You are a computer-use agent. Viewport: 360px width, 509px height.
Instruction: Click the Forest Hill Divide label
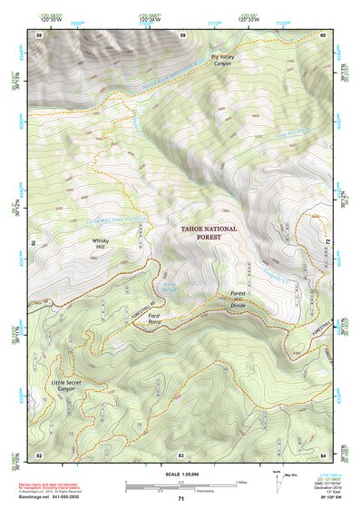coord(238,299)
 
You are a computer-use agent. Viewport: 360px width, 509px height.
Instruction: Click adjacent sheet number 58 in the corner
coord(39,34)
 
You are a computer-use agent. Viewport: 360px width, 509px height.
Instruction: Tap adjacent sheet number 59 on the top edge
coord(182,34)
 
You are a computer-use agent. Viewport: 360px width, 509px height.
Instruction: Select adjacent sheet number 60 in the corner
coord(322,34)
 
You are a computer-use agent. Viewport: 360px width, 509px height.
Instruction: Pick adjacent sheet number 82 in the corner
coord(39,454)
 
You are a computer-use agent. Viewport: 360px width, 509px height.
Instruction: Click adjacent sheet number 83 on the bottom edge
coord(181,454)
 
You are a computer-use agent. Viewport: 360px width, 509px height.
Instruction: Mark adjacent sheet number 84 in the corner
coord(322,454)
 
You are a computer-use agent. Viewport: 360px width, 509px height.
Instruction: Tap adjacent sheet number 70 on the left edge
coord(37,243)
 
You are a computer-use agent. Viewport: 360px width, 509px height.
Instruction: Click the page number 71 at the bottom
coord(180,501)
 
